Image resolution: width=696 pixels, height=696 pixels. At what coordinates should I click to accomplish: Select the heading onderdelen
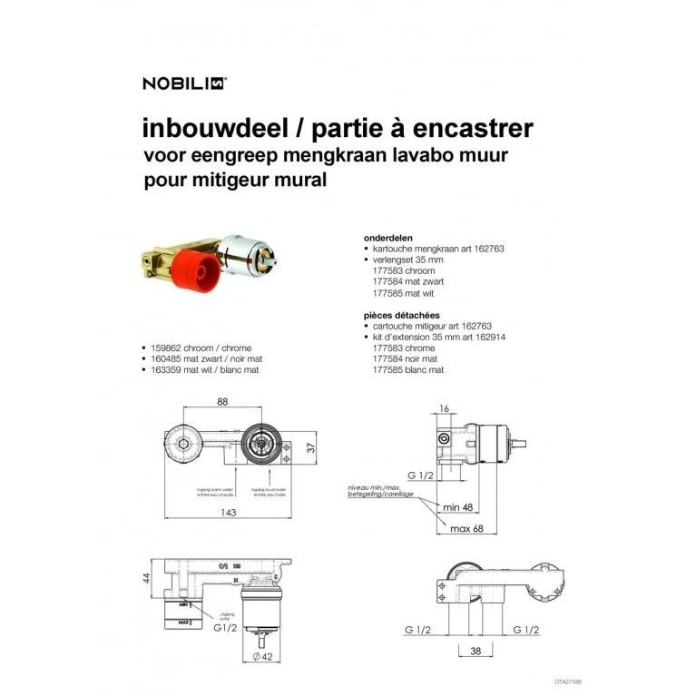click(387, 237)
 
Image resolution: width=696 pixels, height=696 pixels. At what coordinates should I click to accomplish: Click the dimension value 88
click(221, 402)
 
